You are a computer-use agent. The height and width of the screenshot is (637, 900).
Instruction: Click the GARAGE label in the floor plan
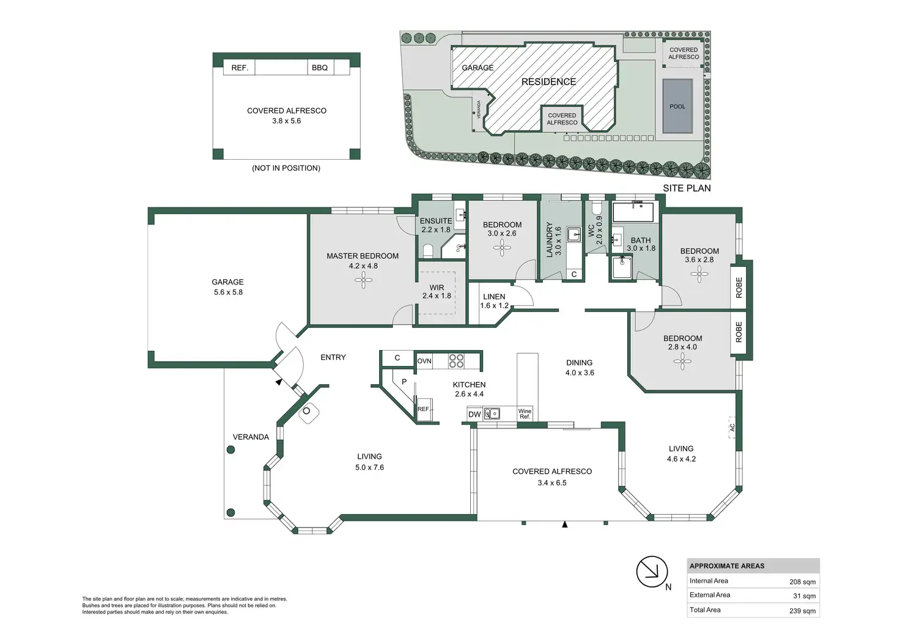227,282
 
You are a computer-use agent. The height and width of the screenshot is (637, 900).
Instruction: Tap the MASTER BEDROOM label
363,256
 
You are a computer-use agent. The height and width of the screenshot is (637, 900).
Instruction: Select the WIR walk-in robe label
437,288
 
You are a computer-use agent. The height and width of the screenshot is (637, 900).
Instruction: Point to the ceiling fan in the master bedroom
363,280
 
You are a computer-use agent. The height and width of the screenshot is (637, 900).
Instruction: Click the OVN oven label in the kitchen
424,361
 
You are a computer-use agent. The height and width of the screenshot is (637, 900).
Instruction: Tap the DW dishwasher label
474,414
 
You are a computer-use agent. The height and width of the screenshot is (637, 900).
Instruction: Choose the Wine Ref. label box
525,414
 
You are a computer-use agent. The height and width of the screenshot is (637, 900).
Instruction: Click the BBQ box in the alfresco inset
320,67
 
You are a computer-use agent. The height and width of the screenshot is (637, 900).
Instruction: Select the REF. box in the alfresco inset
240,67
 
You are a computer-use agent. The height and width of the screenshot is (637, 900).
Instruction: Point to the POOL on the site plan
677,106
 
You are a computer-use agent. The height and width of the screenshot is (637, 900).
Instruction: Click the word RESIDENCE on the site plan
548,81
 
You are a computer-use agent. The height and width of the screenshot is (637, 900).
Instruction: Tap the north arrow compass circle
651,572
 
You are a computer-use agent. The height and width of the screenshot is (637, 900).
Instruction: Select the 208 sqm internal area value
802,582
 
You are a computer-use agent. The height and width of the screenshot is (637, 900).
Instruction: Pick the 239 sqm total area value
802,611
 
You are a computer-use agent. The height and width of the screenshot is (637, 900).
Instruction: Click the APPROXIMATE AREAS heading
727,566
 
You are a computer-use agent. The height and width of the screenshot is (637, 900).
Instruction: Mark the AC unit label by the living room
732,427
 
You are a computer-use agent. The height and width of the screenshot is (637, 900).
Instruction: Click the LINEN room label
494,297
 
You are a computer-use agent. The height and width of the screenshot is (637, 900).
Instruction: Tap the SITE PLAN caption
687,188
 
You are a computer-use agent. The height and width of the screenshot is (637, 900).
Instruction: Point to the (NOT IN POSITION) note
286,168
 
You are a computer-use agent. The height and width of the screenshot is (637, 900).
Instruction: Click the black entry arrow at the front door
279,382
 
